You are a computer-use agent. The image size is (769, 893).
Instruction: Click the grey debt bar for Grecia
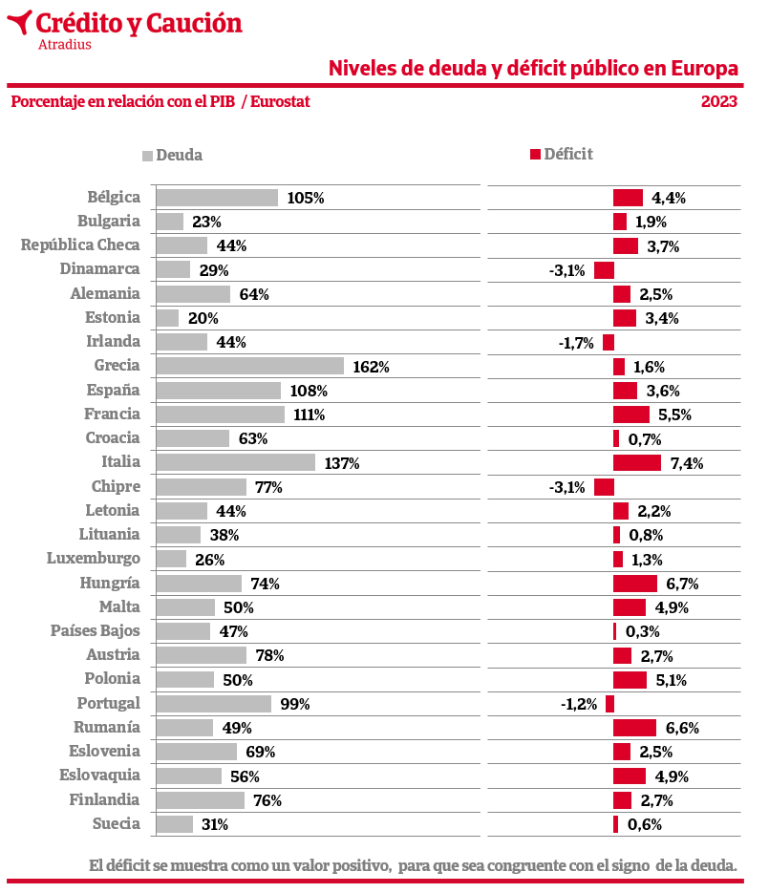point(249,366)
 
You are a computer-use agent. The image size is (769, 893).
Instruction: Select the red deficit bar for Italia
point(636,463)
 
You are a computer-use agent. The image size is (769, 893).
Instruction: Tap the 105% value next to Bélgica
point(306,199)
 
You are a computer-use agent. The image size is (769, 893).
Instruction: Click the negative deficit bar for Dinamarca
point(604,270)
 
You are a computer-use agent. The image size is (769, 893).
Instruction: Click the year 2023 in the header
point(719,101)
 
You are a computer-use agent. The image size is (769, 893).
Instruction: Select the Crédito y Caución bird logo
point(18,21)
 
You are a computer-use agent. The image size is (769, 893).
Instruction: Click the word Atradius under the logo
point(65,44)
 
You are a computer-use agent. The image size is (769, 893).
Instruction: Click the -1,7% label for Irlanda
point(576,342)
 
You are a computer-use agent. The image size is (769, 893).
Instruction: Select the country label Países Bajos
point(96,630)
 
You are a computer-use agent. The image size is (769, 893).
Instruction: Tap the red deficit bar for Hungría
point(634,584)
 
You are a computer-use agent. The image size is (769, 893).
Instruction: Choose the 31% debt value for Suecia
point(214,824)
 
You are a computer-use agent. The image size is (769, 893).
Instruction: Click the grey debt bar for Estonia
point(167,318)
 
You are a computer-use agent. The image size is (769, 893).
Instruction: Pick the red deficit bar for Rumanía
point(634,728)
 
